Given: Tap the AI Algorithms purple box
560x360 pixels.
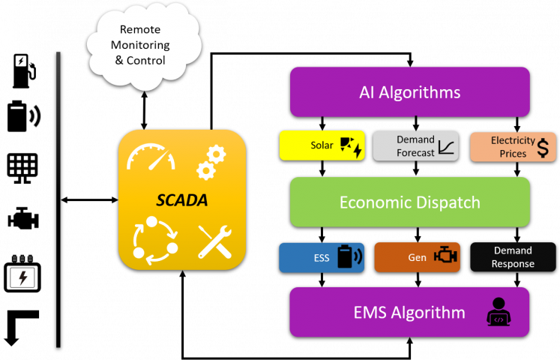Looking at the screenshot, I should coord(409,92).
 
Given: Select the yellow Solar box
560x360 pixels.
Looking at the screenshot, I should coord(322,145).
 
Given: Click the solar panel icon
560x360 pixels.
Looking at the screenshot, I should coord(350,146).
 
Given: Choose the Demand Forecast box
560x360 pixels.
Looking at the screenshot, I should coord(416,146).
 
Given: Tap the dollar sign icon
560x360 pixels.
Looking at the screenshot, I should coord(543,147).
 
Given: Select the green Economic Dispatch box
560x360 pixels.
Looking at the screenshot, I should coord(409,202).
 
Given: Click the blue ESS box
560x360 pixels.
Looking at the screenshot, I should coord(322,257).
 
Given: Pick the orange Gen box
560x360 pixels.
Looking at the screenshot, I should coord(417,257).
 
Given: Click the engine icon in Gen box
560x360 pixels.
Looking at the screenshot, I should coord(445,256).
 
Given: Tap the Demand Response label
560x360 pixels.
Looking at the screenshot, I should coord(514,257).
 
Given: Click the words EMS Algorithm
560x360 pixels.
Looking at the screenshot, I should coord(409,312).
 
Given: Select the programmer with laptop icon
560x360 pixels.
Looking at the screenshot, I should coord(499,311).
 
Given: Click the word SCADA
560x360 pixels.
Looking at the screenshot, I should coord(182,200).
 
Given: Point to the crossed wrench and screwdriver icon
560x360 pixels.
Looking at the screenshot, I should coord(213,241).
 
